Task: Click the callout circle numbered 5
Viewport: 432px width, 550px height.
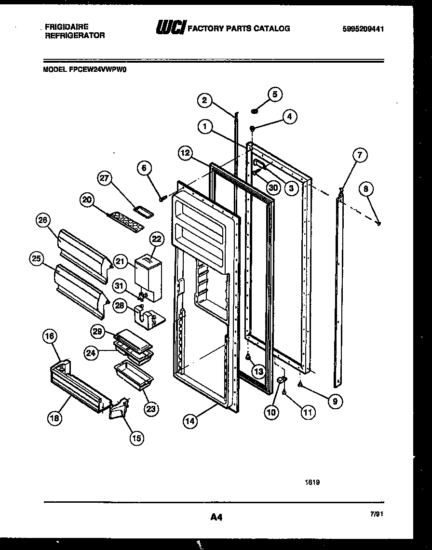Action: pyautogui.click(x=275, y=94)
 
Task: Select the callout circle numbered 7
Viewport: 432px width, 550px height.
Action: pyautogui.click(x=359, y=155)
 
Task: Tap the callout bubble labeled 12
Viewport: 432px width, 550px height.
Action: pyautogui.click(x=186, y=153)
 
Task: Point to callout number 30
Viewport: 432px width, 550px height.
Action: pyautogui.click(x=273, y=188)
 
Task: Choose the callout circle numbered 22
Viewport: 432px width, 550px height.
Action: pyautogui.click(x=156, y=239)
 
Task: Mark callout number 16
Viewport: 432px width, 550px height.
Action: pyautogui.click(x=51, y=336)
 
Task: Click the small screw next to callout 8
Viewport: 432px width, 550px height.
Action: pyautogui.click(x=379, y=223)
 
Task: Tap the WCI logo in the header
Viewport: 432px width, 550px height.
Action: pyautogui.click(x=170, y=29)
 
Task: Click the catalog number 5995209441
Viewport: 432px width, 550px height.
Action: pyautogui.click(x=363, y=29)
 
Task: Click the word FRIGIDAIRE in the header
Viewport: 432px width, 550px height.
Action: pyautogui.click(x=67, y=27)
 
